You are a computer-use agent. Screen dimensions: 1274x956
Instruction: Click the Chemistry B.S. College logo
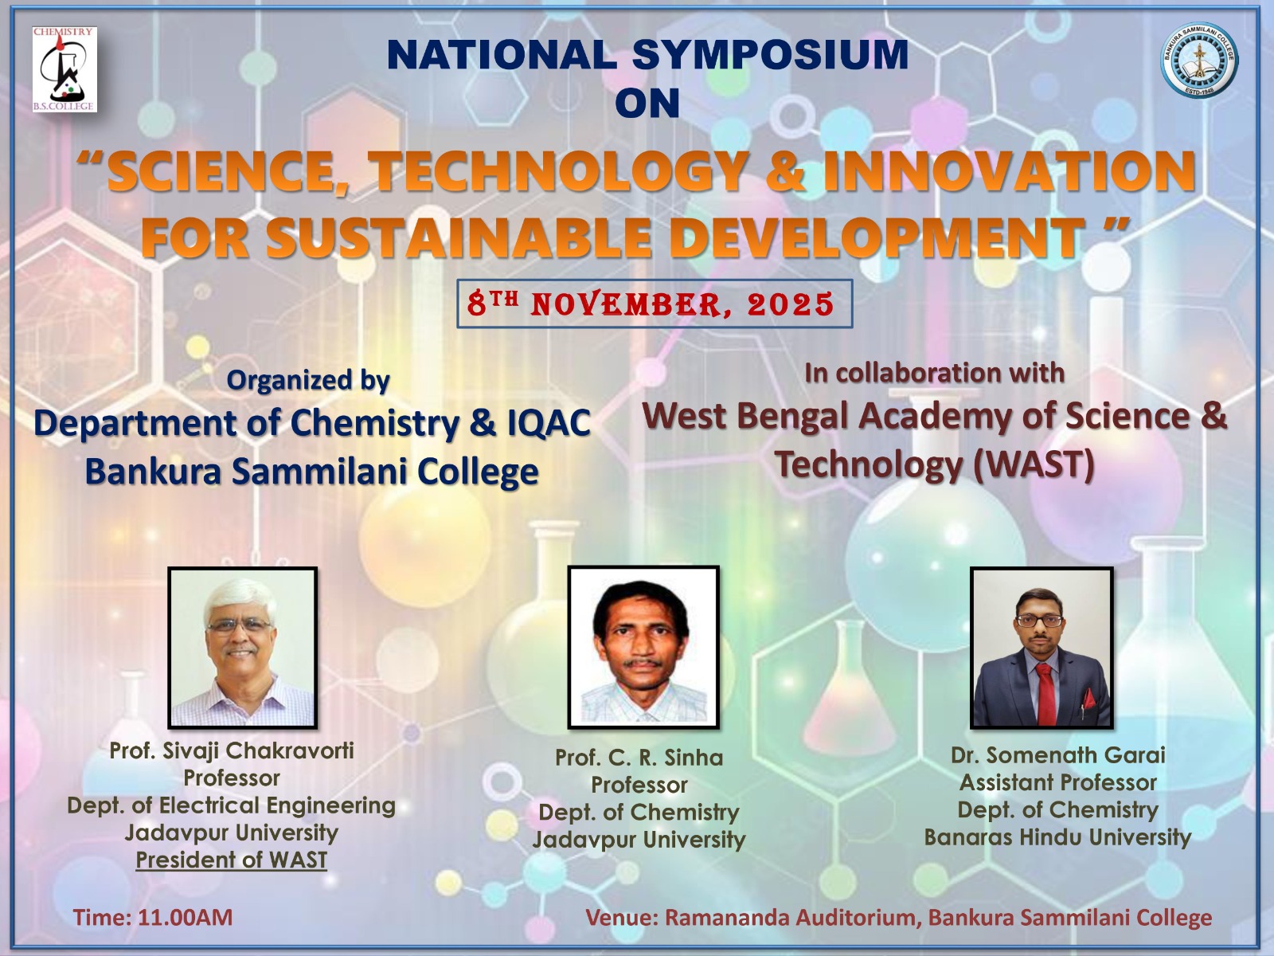(x=64, y=69)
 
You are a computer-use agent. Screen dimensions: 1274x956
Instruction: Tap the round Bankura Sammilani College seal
(x=1199, y=61)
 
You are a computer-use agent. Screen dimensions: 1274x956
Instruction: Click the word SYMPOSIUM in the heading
(x=770, y=54)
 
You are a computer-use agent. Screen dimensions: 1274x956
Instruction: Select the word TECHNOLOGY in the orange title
(x=556, y=171)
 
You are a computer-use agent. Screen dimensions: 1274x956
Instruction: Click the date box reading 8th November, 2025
(x=655, y=304)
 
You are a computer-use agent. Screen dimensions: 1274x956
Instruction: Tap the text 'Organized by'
(x=307, y=381)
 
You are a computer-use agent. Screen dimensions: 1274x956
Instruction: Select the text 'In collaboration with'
(x=934, y=373)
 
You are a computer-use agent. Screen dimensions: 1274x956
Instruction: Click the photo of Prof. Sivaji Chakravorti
(x=243, y=647)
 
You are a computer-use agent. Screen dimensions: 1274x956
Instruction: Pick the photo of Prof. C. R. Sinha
(x=643, y=647)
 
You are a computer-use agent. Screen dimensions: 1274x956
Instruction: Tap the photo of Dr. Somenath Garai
(x=1041, y=647)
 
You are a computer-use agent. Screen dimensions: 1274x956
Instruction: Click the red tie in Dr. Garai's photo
(x=1045, y=694)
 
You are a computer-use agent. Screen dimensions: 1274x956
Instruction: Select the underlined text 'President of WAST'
(x=232, y=860)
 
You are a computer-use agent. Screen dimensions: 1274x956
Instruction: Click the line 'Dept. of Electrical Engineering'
(x=231, y=805)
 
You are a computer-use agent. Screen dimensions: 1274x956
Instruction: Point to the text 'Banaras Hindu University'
(x=1057, y=837)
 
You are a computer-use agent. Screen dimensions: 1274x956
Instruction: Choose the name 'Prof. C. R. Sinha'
(x=639, y=758)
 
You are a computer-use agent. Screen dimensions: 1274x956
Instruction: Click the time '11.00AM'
(x=186, y=918)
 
